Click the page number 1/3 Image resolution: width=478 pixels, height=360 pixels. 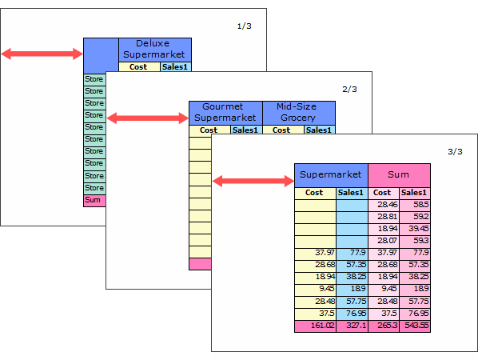(x=244, y=26)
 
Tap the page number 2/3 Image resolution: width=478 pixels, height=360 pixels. (x=349, y=89)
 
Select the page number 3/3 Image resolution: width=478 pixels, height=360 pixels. (x=455, y=152)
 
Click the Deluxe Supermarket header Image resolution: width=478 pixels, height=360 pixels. (x=155, y=50)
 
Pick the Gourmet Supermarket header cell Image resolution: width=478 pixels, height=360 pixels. (x=225, y=113)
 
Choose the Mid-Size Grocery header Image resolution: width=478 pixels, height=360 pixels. (x=299, y=113)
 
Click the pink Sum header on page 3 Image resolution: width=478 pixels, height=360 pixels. (x=399, y=175)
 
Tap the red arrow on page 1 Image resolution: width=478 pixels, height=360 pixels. (x=42, y=54)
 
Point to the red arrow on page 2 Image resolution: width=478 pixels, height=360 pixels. (x=148, y=118)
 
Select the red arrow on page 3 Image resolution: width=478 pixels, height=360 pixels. (x=253, y=181)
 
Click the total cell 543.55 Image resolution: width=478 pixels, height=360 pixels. (x=415, y=326)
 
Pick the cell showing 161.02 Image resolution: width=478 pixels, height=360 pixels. (x=315, y=326)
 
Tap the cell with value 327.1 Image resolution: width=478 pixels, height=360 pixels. (x=352, y=326)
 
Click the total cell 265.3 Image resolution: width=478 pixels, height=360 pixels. (x=384, y=326)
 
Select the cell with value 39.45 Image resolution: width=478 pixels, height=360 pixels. (x=415, y=229)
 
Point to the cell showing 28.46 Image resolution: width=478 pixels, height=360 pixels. (x=384, y=205)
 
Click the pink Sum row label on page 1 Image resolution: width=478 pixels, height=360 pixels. (x=94, y=201)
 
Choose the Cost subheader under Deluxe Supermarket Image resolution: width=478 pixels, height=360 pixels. (x=139, y=67)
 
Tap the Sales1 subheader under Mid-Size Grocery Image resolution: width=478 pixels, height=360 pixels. (x=320, y=130)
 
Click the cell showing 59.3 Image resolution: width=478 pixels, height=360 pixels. (x=415, y=241)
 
